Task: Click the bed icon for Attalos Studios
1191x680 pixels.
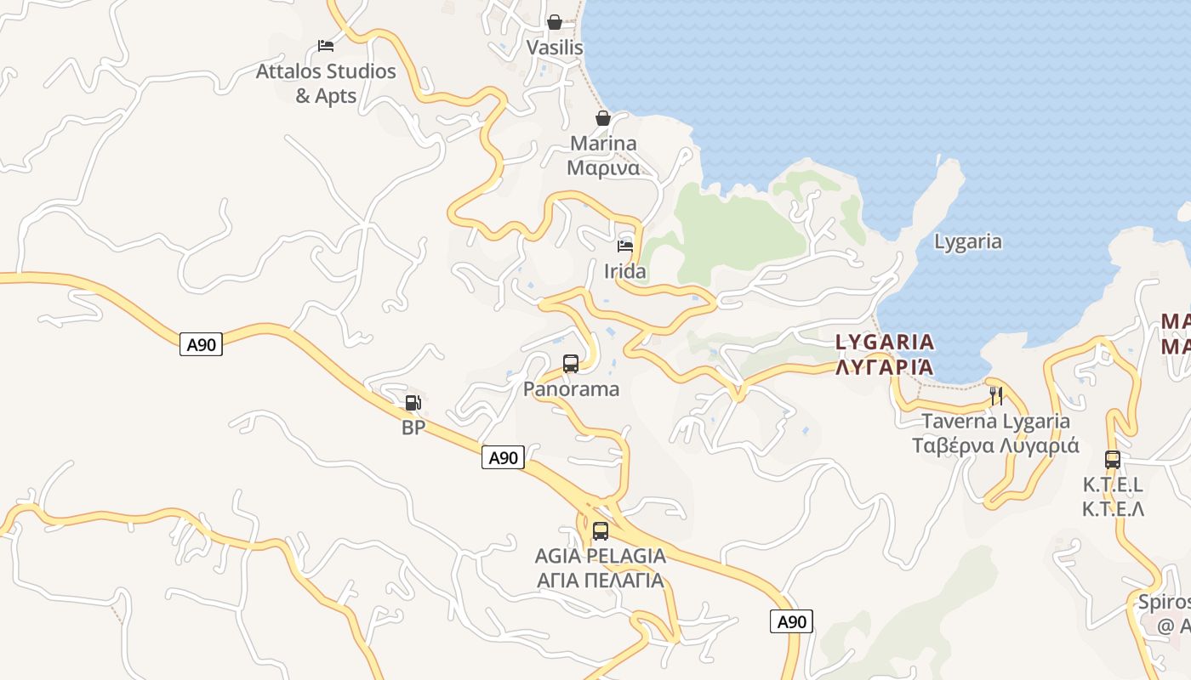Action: point(325,45)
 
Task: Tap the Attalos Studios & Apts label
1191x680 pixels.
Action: point(326,83)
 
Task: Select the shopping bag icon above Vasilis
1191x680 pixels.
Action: point(555,21)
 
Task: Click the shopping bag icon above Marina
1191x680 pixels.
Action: point(603,117)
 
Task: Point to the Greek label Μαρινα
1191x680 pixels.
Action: point(603,167)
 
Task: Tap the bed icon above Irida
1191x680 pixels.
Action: point(625,246)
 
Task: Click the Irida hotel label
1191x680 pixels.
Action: point(625,271)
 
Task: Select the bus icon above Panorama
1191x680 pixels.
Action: point(571,364)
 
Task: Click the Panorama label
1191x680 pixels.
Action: point(571,389)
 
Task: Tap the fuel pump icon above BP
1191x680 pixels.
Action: point(413,403)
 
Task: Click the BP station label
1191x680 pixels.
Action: point(413,428)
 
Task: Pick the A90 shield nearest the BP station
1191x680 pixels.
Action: point(503,457)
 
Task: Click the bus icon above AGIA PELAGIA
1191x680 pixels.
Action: point(601,531)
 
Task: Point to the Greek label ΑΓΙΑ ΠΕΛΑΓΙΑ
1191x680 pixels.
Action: point(601,581)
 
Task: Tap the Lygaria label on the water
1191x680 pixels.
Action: point(968,241)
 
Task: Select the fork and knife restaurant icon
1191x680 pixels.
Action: point(996,395)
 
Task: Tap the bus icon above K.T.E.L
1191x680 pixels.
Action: point(1113,460)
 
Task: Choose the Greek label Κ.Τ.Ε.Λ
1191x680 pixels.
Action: point(1113,509)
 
